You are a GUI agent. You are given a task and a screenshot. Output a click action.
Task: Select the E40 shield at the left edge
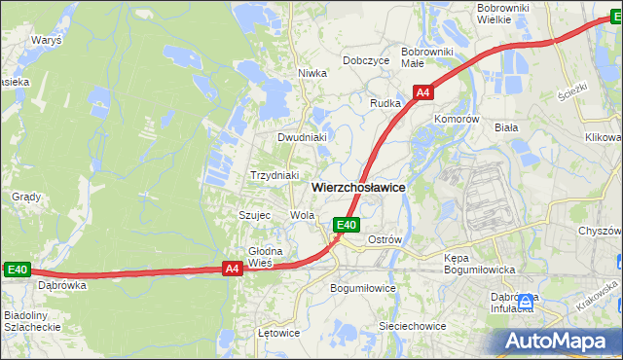[18, 270]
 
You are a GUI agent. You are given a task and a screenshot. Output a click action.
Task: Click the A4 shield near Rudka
[422, 93]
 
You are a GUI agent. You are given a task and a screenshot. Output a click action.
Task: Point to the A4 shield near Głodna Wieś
[232, 270]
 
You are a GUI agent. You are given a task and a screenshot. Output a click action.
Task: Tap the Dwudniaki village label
[301, 137]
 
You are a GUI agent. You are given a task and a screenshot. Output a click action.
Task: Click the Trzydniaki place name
[274, 175]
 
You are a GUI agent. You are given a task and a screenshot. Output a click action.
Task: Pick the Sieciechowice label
[412, 326]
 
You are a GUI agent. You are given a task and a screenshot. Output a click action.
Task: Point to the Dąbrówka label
[62, 286]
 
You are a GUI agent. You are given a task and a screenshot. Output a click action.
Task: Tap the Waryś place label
[46, 41]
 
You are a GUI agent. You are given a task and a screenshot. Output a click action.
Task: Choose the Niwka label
[311, 73]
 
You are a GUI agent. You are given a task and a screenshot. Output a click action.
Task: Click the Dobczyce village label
[366, 60]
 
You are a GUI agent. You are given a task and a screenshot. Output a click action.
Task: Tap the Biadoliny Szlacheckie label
[33, 322]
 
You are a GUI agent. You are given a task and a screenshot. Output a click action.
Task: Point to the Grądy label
[25, 197]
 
